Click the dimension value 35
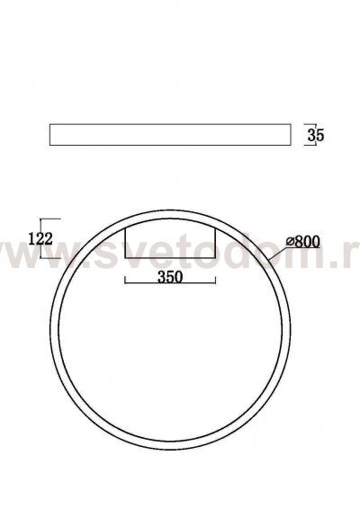pyautogui.click(x=315, y=136)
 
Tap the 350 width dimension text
pyautogui.click(x=170, y=278)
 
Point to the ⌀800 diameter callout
pyautogui.click(x=303, y=242)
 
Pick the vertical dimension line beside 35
pyautogui.click(x=304, y=135)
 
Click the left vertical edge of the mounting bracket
pyautogui.click(x=124, y=243)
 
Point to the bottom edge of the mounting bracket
pyautogui.click(x=171, y=261)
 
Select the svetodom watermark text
pyautogui.click(x=180, y=256)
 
